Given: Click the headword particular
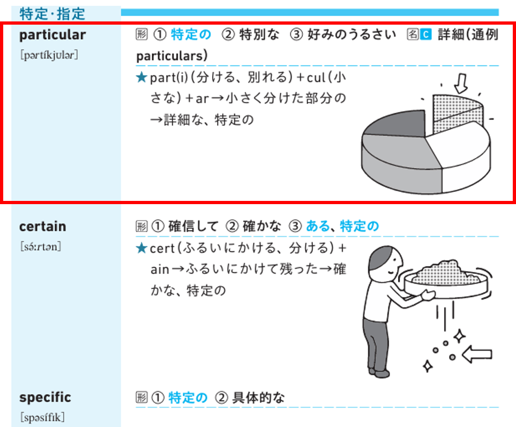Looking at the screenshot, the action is pyautogui.click(x=53, y=35).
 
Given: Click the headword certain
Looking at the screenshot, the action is pyautogui.click(x=42, y=226).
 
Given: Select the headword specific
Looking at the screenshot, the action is pyautogui.click(x=45, y=398).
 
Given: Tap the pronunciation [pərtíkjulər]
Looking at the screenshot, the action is pyautogui.click(x=49, y=55).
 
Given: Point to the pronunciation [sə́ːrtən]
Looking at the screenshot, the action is pyautogui.click(x=41, y=246).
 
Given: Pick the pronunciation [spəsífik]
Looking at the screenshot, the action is pyautogui.click(x=42, y=417).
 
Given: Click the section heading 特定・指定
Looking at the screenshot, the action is pyautogui.click(x=53, y=14).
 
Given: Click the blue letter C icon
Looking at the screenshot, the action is pyautogui.click(x=425, y=34).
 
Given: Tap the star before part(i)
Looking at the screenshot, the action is pyautogui.click(x=141, y=77).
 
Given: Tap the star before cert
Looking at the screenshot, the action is pyautogui.click(x=141, y=248).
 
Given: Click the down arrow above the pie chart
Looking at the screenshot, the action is pyautogui.click(x=461, y=83).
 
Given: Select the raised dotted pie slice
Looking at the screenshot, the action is pyautogui.click(x=458, y=114).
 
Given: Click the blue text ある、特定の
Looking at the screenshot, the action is pyautogui.click(x=342, y=226).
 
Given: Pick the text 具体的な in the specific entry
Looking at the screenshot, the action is pyautogui.click(x=258, y=398).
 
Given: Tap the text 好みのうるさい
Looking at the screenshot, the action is pyautogui.click(x=352, y=34).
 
